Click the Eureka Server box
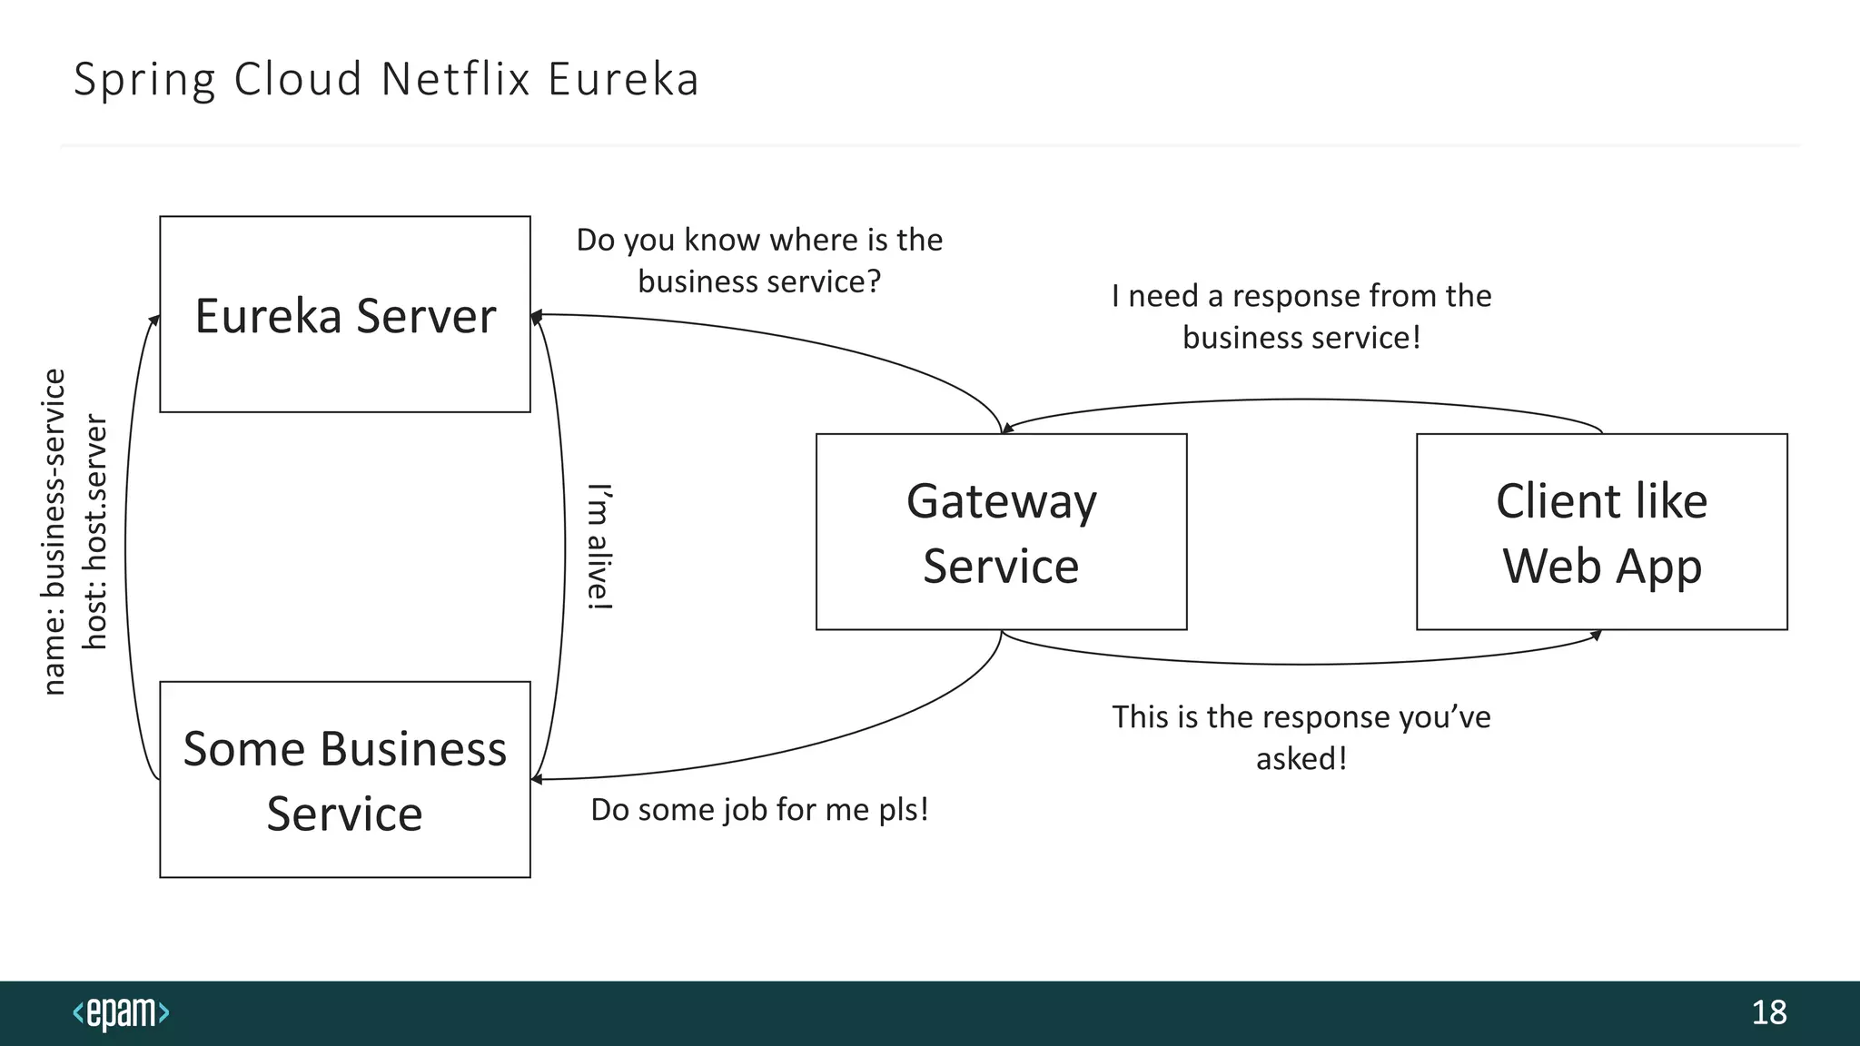(x=345, y=314)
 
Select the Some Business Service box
(x=345, y=779)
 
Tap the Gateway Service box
(x=1001, y=532)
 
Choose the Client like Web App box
(x=1601, y=532)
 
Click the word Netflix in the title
(x=455, y=79)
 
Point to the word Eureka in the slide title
(x=623, y=79)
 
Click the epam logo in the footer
(x=121, y=1012)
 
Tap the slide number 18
(x=1768, y=1012)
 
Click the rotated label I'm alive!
(x=599, y=547)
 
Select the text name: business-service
(x=54, y=532)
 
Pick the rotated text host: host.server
(x=95, y=532)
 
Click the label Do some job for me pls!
(x=759, y=809)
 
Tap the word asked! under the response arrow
(x=1301, y=758)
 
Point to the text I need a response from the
(x=1301, y=296)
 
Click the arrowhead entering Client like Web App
(x=1596, y=636)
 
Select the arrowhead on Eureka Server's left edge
(x=155, y=320)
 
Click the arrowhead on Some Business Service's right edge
(x=537, y=779)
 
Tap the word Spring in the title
(x=144, y=79)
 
